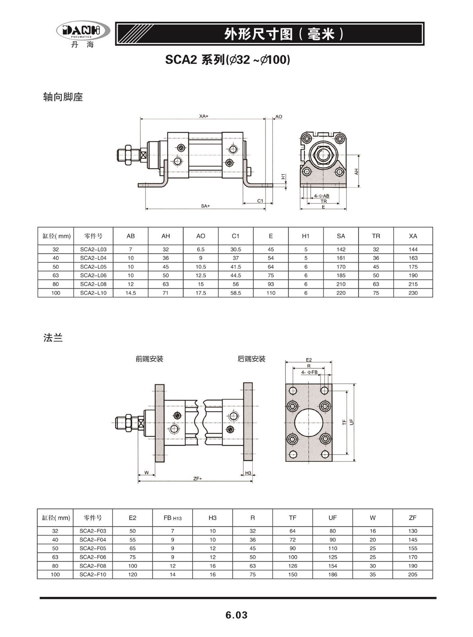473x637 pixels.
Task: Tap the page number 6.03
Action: (x=236, y=615)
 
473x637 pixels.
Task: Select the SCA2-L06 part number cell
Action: (x=93, y=276)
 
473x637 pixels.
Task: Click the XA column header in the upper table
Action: (x=413, y=236)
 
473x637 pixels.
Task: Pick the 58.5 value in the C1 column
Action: (x=236, y=293)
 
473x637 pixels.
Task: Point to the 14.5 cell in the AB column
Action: (x=131, y=293)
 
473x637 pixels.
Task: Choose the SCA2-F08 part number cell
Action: (x=92, y=566)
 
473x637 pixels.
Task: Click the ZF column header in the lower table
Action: (x=412, y=518)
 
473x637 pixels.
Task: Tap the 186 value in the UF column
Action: (x=332, y=574)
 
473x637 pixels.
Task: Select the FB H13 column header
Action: (x=173, y=518)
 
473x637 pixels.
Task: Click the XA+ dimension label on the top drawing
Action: (x=204, y=116)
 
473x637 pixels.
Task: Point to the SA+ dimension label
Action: (x=205, y=206)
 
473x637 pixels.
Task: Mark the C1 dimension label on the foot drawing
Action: (x=260, y=201)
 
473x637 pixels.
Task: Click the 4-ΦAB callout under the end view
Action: (x=322, y=195)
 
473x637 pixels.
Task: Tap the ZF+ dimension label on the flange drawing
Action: (x=198, y=479)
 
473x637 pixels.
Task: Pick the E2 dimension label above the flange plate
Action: (x=308, y=360)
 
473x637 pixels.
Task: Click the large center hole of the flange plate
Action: (x=309, y=422)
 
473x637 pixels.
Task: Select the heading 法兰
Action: (x=53, y=338)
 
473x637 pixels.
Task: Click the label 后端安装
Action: (x=251, y=359)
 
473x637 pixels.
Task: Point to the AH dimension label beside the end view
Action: (x=357, y=172)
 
